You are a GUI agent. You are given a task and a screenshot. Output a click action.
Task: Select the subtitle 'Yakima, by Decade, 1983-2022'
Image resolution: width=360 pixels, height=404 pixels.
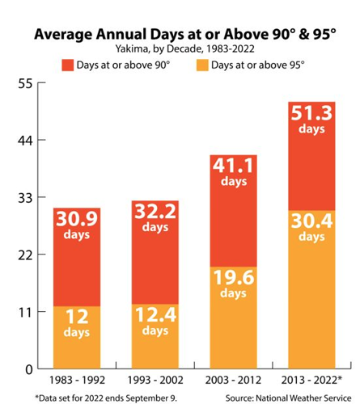pos(180,49)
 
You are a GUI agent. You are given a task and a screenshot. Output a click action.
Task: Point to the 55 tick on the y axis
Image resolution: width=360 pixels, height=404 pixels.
pos(23,83)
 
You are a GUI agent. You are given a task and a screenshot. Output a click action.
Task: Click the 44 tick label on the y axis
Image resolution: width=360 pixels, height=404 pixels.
pos(23,141)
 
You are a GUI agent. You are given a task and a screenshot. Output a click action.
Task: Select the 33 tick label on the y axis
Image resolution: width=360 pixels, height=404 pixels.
pos(23,197)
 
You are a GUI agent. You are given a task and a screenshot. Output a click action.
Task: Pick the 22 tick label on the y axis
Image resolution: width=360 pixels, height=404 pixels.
pos(23,255)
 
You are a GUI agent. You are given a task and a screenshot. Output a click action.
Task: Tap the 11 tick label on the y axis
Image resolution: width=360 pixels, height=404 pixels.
pos(23,312)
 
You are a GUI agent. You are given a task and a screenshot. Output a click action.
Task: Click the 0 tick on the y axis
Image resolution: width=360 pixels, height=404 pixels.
pos(27,369)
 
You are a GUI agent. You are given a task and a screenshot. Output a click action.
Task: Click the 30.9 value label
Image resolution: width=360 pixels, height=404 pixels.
pos(78,219)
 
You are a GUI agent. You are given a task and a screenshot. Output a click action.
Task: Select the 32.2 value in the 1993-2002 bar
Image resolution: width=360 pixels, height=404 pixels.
pos(155,213)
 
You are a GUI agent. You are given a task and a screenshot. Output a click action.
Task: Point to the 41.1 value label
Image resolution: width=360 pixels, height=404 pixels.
pos(233,166)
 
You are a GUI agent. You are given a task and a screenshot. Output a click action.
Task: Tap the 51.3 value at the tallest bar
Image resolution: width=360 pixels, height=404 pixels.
pos(311,113)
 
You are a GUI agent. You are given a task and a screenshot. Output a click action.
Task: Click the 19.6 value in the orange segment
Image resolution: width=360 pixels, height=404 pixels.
pos(233,278)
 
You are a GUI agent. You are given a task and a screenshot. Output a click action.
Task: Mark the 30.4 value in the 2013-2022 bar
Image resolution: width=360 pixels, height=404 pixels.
pos(311,221)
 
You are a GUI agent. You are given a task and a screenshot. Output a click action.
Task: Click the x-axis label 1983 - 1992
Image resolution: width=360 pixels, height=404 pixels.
pos(78,380)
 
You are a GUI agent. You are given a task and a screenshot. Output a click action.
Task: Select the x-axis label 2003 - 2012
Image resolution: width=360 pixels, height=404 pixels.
pos(233,380)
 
